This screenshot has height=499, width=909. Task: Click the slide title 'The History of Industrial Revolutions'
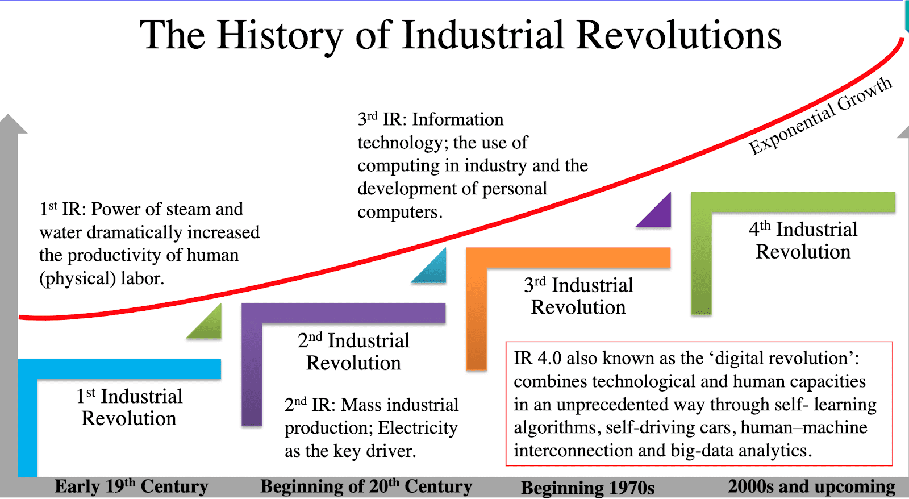[461, 36]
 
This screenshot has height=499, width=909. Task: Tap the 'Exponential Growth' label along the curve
[820, 116]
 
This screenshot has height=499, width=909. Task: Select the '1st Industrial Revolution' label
[130, 407]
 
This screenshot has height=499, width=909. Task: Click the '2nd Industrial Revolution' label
[353, 352]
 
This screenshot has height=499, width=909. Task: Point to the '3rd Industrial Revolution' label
[578, 296]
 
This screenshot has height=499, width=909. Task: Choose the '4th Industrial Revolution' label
[803, 240]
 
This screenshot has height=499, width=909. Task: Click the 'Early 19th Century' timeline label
[131, 486]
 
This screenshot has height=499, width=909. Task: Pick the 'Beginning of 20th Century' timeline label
[366, 486]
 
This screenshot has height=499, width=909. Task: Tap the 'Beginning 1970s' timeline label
[587, 488]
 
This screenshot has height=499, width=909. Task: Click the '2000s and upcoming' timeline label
[812, 486]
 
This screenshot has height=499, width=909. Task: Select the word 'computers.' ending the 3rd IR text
[400, 213]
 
